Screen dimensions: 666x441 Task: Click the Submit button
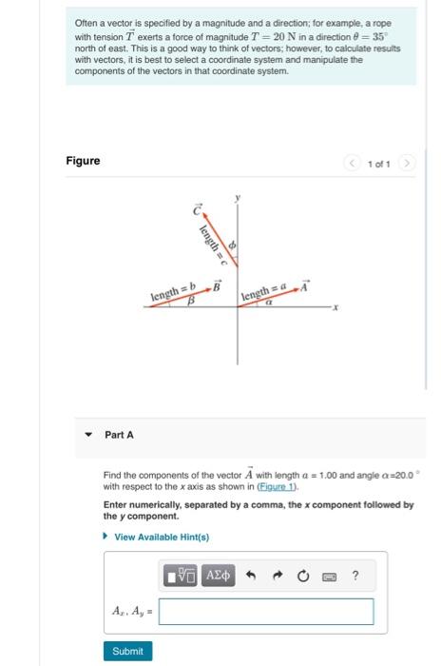click(x=127, y=651)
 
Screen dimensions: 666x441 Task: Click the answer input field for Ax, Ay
click(x=266, y=611)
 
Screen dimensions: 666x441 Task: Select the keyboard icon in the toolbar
click(x=330, y=577)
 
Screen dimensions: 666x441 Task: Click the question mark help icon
click(x=355, y=577)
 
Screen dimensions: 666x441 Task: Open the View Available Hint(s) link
click(x=161, y=537)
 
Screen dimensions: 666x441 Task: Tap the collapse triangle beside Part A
click(x=88, y=435)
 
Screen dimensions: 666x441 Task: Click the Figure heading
click(x=83, y=161)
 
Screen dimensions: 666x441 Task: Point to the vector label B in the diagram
click(x=217, y=284)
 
